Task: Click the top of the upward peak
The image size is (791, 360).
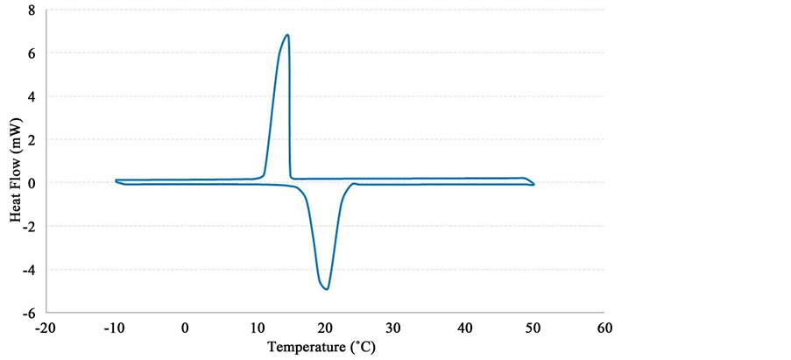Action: pyautogui.click(x=287, y=35)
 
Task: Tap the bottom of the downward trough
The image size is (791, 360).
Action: pyautogui.click(x=326, y=289)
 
